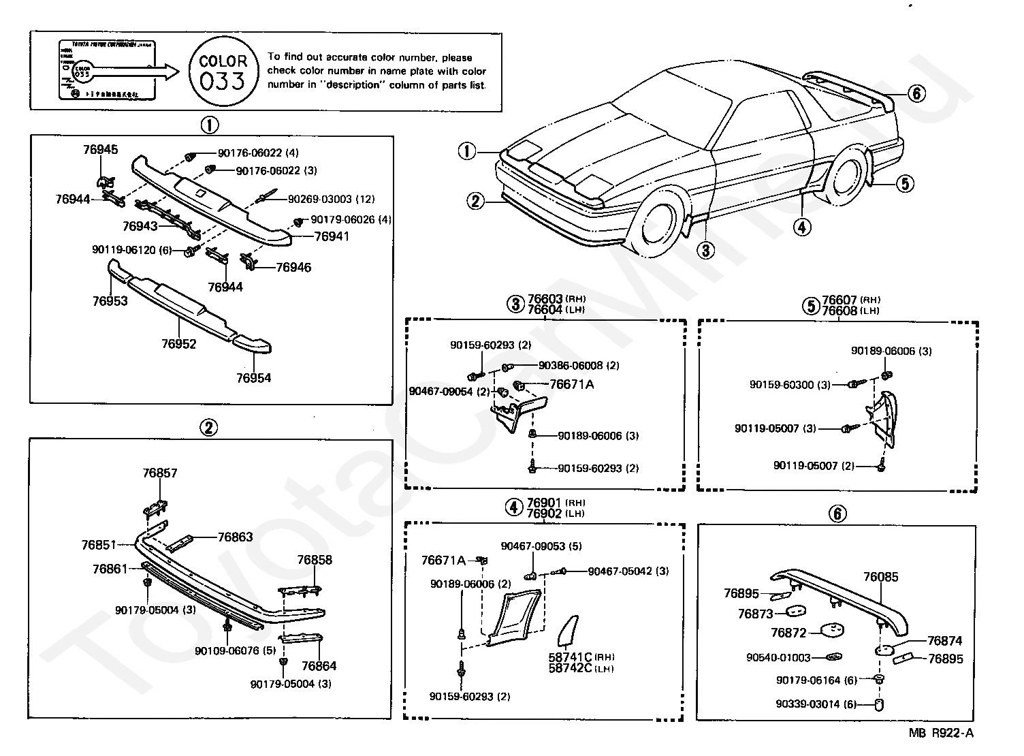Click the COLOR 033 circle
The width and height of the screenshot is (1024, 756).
tap(223, 71)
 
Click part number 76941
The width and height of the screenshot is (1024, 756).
tap(332, 237)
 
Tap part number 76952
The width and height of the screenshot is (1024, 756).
tap(178, 344)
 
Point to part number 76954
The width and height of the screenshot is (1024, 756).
tap(253, 378)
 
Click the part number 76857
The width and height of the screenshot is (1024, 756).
tap(160, 473)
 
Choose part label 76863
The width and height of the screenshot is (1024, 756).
tap(235, 537)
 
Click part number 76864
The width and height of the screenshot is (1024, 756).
tap(319, 666)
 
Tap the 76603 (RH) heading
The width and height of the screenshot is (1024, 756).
tap(556, 299)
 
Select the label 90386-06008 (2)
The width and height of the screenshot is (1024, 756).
tap(579, 366)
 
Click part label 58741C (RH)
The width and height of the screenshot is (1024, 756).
tap(581, 657)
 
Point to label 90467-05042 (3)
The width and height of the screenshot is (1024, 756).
tap(628, 571)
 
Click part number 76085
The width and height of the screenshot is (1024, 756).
tap(881, 577)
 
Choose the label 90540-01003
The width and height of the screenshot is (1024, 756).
tap(778, 657)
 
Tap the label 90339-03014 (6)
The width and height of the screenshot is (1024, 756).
tap(809, 705)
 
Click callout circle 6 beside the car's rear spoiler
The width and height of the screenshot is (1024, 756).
tap(916, 93)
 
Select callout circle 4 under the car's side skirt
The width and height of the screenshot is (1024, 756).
tap(802, 227)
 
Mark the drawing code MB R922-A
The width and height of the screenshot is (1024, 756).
tap(942, 734)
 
